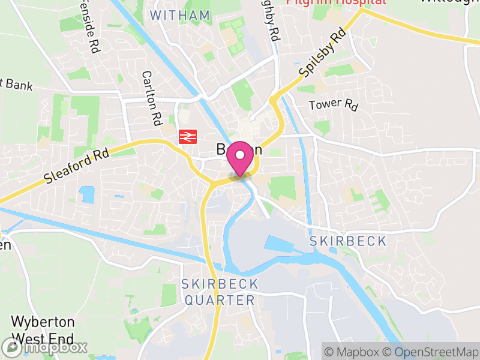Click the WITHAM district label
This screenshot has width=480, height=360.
[x=180, y=16]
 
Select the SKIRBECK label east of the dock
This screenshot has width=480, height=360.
[x=348, y=241]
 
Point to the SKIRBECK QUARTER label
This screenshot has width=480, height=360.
[x=220, y=292]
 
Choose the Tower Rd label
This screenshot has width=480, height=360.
[x=333, y=105]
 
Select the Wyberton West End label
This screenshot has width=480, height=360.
[x=43, y=329]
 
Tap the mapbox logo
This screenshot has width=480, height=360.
[x=45, y=347]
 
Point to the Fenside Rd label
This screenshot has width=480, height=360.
[x=88, y=27]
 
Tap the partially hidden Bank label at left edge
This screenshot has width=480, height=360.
[x=15, y=83]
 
